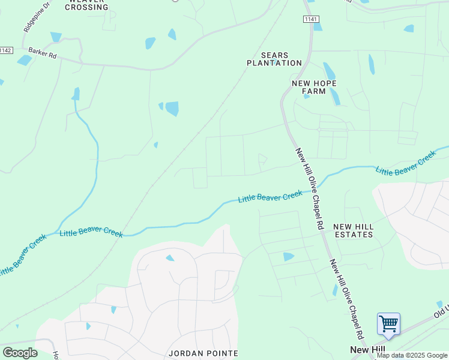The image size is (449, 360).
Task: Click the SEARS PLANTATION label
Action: (x=274, y=59)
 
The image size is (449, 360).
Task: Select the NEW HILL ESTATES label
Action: (x=354, y=230)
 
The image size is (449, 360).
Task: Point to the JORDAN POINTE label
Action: (x=203, y=353)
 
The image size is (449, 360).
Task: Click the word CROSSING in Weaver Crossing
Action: (x=87, y=7)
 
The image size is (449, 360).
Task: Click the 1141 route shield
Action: (x=310, y=20)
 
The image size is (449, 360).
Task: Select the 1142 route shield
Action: (x=5, y=50)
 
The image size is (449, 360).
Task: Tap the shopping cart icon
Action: (x=388, y=324)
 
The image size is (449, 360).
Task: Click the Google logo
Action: (x=20, y=353)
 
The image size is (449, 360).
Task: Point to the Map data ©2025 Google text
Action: (x=412, y=355)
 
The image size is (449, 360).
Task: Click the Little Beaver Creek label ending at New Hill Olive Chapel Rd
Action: (x=270, y=197)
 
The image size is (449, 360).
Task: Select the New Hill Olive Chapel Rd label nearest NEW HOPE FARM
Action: (x=310, y=188)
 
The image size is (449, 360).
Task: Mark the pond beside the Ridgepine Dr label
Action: (x=56, y=37)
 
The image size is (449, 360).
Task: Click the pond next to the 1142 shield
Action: (x=25, y=60)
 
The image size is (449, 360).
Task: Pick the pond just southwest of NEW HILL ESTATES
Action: (x=289, y=257)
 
